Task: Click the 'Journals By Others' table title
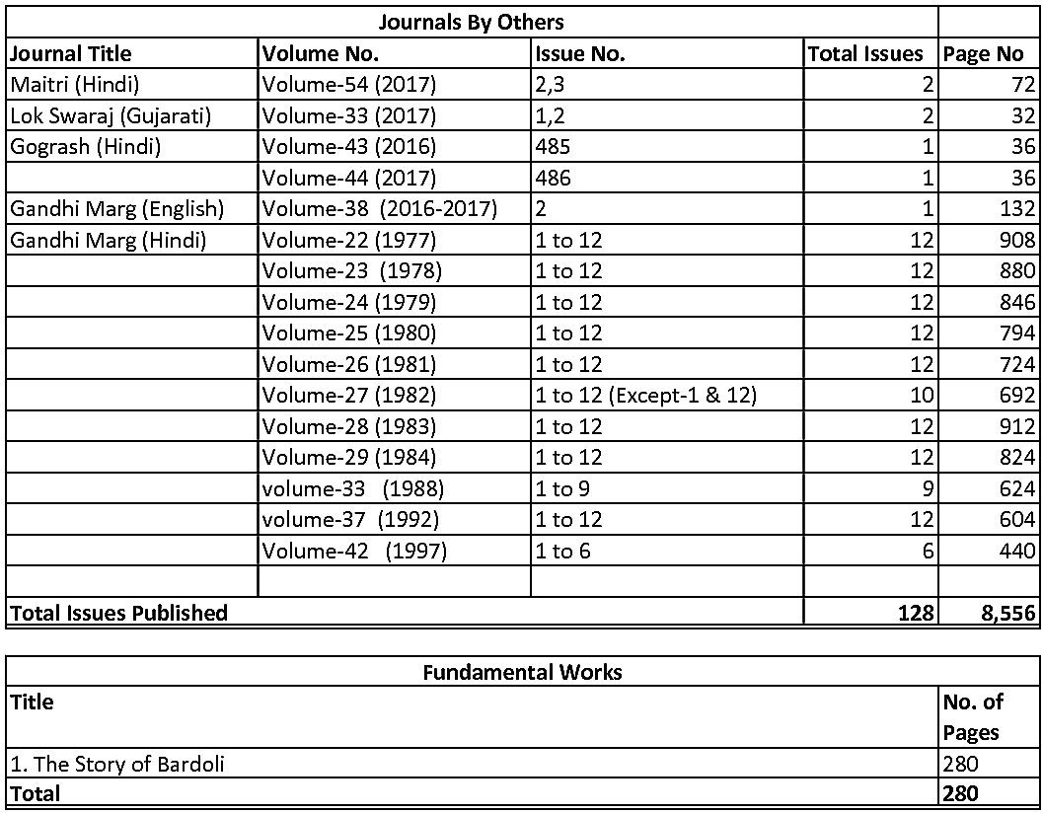pyautogui.click(x=471, y=22)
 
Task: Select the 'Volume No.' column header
pyautogui.click(x=321, y=53)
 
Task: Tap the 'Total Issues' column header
pyautogui.click(x=865, y=53)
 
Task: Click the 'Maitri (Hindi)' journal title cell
pyautogui.click(x=75, y=84)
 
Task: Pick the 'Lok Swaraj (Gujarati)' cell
pyautogui.click(x=111, y=115)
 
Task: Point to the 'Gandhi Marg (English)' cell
pyautogui.click(x=117, y=209)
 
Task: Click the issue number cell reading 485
pyautogui.click(x=553, y=147)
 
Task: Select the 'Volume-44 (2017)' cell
pyautogui.click(x=348, y=178)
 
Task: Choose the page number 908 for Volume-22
pyautogui.click(x=1016, y=240)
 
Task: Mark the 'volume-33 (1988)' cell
pyautogui.click(x=352, y=488)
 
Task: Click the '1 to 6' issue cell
pyautogui.click(x=562, y=551)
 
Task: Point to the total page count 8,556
pyautogui.click(x=1007, y=613)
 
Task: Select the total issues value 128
pyautogui.click(x=916, y=613)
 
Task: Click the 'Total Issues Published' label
pyautogui.click(x=118, y=613)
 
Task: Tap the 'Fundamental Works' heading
pyautogui.click(x=522, y=672)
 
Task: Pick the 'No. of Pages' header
pyautogui.click(x=973, y=716)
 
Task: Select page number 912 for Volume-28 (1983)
pyautogui.click(x=1016, y=426)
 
